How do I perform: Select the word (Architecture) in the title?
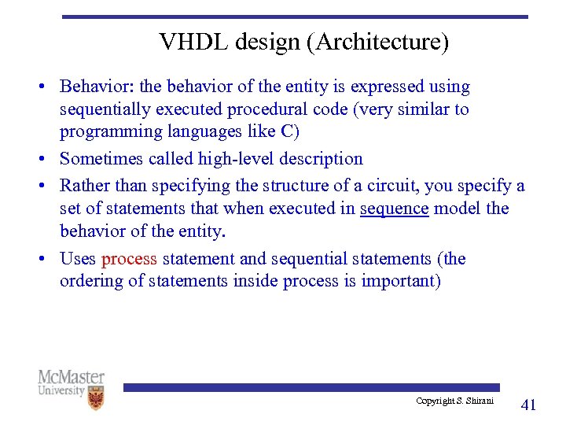tap(380, 42)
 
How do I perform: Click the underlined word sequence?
tap(394, 209)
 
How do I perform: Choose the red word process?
tap(130, 259)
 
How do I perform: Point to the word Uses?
tap(78, 259)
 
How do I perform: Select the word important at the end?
tap(400, 281)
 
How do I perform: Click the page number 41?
tap(529, 405)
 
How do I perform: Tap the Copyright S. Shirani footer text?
tap(455, 401)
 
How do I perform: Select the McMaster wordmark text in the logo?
tap(71, 377)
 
